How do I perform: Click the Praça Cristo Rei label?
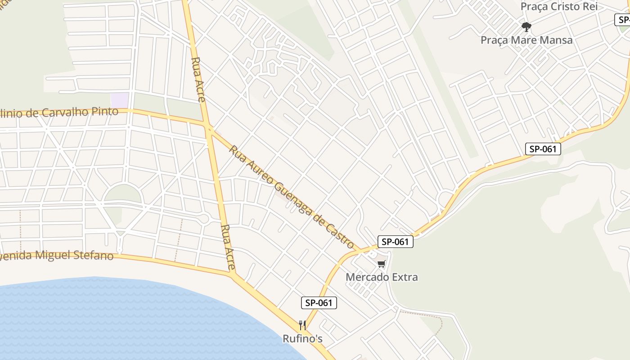pyautogui.click(x=559, y=7)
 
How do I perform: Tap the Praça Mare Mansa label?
pyautogui.click(x=526, y=40)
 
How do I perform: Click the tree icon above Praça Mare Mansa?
pyautogui.click(x=526, y=27)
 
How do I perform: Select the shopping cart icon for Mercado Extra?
pyautogui.click(x=382, y=264)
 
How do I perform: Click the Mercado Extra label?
pyautogui.click(x=382, y=277)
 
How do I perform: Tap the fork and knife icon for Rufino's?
pyautogui.click(x=302, y=325)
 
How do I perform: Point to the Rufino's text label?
pyautogui.click(x=302, y=338)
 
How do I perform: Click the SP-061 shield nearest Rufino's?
pyautogui.click(x=319, y=303)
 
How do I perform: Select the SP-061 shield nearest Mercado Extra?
pyautogui.click(x=395, y=242)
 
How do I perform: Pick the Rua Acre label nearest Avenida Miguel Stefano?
pyautogui.click(x=229, y=247)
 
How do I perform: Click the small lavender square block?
pyautogui.click(x=120, y=100)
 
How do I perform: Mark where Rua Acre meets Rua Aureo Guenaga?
pyautogui.click(x=209, y=130)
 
